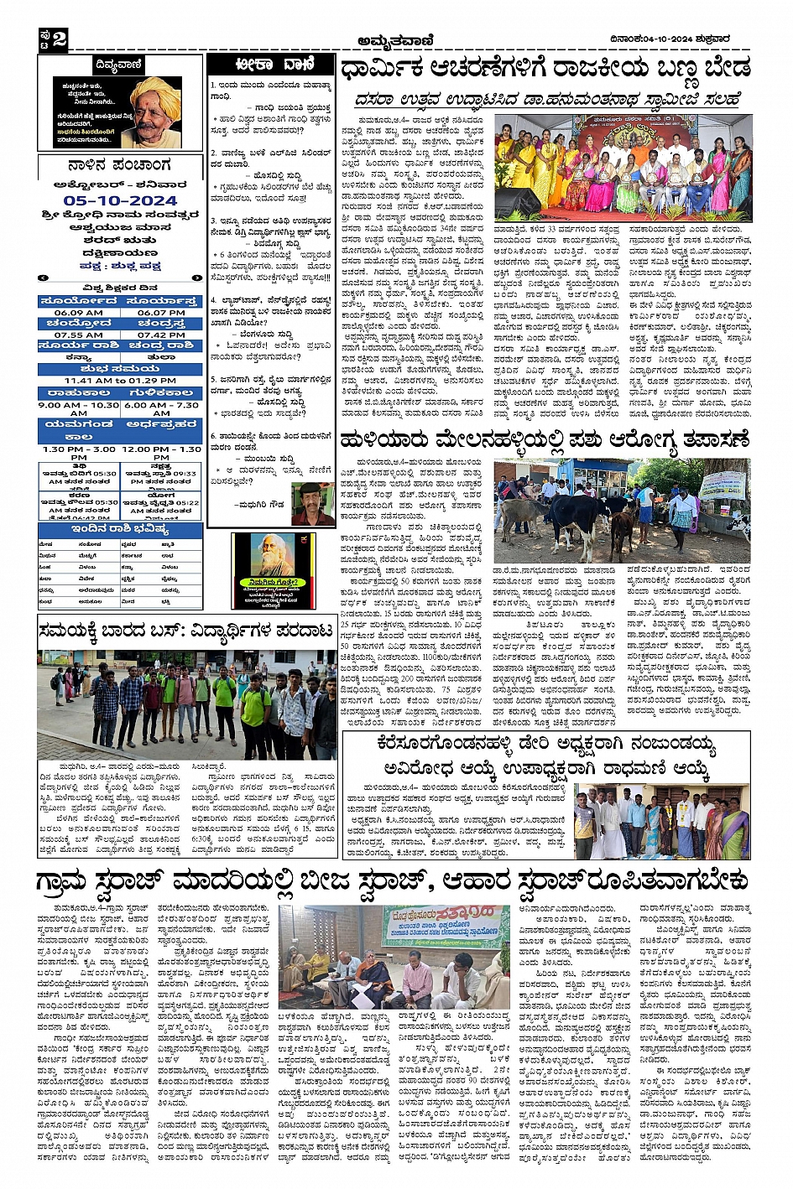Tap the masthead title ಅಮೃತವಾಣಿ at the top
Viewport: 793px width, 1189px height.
pos(397,40)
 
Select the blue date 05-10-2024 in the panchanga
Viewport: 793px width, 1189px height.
pos(120,201)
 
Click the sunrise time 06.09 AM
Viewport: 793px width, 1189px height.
pos(79,313)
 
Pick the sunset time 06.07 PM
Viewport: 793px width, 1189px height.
pos(161,313)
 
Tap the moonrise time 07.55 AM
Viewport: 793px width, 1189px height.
pos(79,335)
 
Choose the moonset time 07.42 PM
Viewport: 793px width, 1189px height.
pos(161,335)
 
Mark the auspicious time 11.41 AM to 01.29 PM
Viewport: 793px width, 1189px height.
pos(120,380)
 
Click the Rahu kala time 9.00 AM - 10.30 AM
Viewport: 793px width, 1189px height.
pos(79,408)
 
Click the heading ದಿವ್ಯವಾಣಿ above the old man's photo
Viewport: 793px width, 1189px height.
pos(119,65)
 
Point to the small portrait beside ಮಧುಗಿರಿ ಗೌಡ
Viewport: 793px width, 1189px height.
pos(312,503)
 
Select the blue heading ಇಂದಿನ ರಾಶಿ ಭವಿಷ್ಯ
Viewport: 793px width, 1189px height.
pos(120,530)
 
